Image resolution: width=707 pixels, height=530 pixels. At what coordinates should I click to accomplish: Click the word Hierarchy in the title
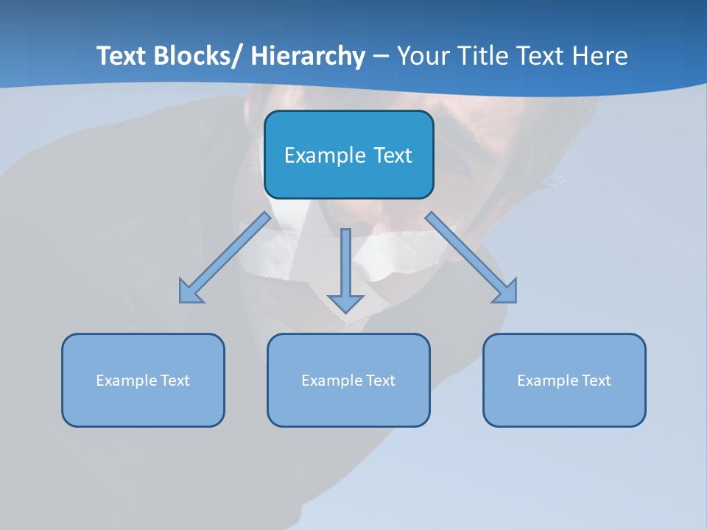(x=308, y=56)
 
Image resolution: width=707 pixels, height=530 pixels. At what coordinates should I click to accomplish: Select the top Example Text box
(x=348, y=155)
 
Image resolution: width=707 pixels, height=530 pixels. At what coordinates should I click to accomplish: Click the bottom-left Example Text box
(x=143, y=380)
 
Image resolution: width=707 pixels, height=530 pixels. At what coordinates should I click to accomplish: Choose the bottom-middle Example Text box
(x=348, y=380)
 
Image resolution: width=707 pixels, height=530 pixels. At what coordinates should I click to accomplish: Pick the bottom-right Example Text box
(x=564, y=380)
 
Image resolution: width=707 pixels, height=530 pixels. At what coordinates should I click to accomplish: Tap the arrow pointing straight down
(x=345, y=269)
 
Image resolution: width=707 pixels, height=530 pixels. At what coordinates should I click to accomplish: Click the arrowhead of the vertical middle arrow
(x=345, y=303)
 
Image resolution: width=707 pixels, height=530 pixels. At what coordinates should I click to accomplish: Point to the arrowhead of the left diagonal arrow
(x=189, y=293)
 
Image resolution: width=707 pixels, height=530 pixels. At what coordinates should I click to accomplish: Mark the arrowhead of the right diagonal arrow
(x=507, y=292)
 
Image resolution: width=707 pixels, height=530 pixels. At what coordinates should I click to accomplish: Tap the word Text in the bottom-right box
(x=597, y=381)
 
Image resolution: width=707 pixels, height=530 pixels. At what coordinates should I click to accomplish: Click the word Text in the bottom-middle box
(x=381, y=381)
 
